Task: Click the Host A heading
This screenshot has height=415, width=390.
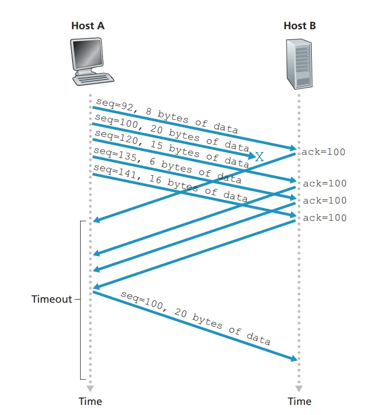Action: pyautogui.click(x=88, y=26)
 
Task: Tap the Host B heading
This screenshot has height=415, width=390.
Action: pyautogui.click(x=300, y=26)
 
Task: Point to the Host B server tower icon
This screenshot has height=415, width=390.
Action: pyautogui.click(x=299, y=62)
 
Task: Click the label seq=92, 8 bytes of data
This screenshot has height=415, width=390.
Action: pyautogui.click(x=166, y=116)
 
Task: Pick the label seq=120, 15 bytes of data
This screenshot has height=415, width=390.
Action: pyautogui.click(x=172, y=148)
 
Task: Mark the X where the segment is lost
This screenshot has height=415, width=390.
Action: pyautogui.click(x=259, y=157)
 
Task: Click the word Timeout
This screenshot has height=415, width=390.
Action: pyautogui.click(x=51, y=299)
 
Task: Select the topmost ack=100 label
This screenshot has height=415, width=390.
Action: pyautogui.click(x=323, y=152)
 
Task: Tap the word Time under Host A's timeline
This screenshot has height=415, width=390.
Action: pyautogui.click(x=90, y=401)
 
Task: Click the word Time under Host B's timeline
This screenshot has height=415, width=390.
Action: pyautogui.click(x=300, y=401)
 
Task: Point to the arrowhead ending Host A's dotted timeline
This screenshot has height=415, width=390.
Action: pyautogui.click(x=90, y=389)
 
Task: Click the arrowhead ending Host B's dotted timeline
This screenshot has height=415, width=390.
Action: pyautogui.click(x=299, y=389)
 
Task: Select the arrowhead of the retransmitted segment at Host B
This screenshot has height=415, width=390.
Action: pyautogui.click(x=294, y=358)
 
